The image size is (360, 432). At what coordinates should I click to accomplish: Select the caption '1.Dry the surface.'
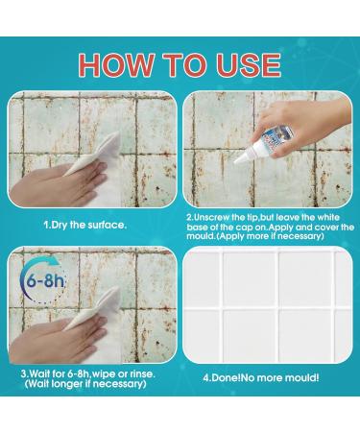[x=85, y=225]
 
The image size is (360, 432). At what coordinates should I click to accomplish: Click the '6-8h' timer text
[x=45, y=281]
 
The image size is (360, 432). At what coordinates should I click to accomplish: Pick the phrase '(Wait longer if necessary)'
[x=85, y=383]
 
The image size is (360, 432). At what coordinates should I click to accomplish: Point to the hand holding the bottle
[x=298, y=127]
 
